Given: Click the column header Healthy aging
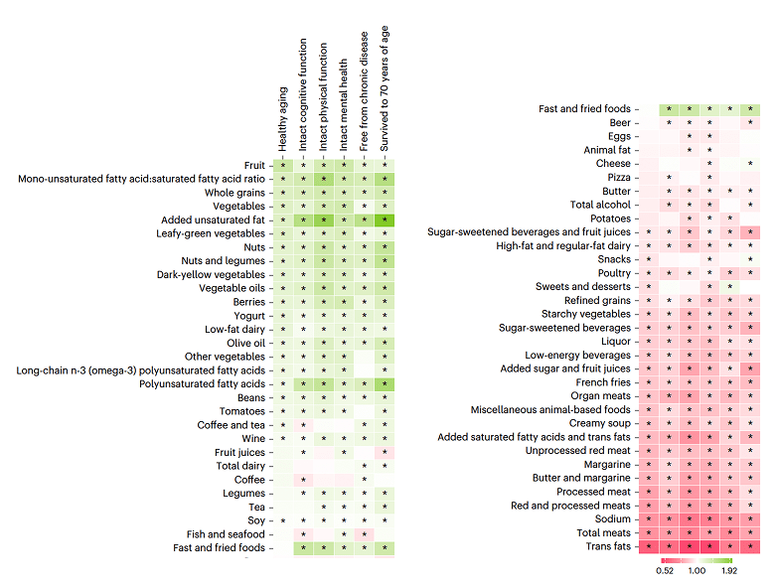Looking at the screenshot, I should (283, 119).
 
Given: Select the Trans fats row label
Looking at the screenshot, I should (608, 546).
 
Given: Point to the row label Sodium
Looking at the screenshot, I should (612, 519).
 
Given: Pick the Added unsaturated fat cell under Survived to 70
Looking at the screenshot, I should (385, 220).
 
